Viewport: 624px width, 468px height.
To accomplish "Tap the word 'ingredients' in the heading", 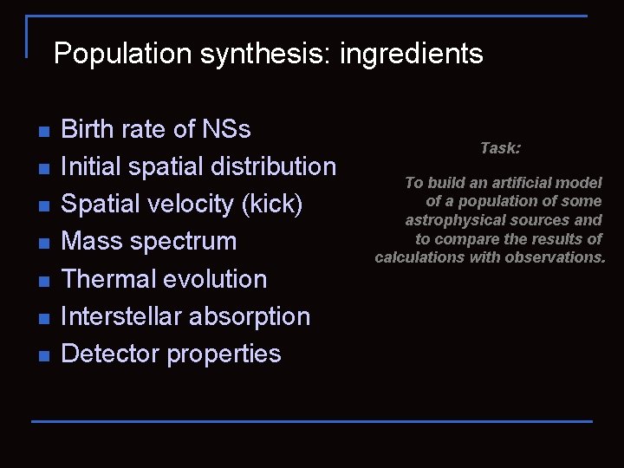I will [x=412, y=55].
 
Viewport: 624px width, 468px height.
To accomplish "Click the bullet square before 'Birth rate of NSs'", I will [x=43, y=131].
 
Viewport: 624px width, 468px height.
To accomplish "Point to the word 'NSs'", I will [x=227, y=130].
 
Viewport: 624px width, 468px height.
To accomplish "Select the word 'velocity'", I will [x=194, y=205].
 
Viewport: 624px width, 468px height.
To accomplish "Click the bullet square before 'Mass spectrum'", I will [x=43, y=243].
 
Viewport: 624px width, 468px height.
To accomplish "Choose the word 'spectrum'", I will [x=185, y=242].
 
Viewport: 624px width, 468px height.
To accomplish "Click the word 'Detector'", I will [x=111, y=354].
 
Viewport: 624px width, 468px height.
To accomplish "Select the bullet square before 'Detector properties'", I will [x=43, y=355].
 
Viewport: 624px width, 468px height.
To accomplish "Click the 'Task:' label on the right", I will [x=500, y=148].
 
